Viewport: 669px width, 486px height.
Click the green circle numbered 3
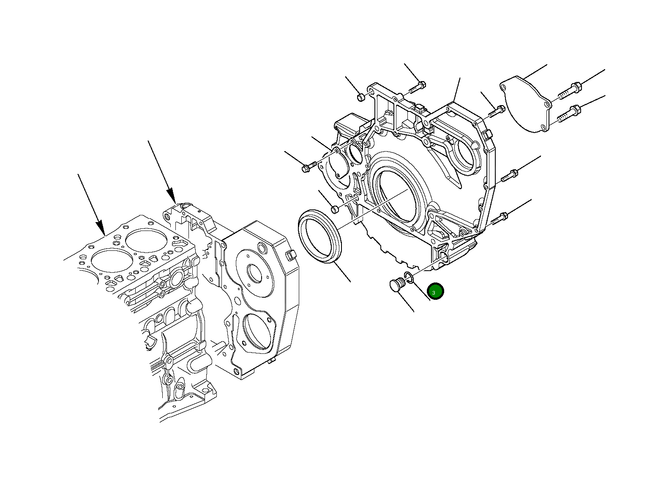tap(435, 291)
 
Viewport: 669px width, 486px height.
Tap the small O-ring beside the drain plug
tap(409, 277)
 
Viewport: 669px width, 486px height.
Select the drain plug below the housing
tap(398, 284)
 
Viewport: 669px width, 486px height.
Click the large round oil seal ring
tap(320, 236)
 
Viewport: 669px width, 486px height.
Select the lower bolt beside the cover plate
tap(569, 113)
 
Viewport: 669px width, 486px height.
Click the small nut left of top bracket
tap(361, 97)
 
